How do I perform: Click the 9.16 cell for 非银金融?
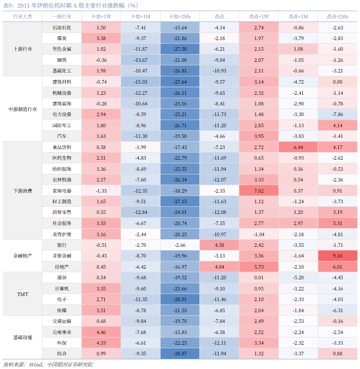coord(337,256)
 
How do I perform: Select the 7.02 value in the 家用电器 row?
coord(259,191)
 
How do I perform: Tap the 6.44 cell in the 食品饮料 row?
coord(298,147)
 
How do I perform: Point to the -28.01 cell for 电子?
coord(180,300)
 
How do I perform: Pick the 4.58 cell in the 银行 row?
coord(219,245)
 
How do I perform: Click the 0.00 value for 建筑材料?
coord(337,82)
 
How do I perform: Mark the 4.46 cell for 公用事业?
coord(101,333)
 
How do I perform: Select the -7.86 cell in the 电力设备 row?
coord(337,115)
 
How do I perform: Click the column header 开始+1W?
coord(101,16)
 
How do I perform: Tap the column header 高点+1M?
coord(298,16)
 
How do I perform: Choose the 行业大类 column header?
coord(23,16)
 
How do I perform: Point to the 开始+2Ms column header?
coord(180,16)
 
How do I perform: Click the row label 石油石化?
coord(62,27)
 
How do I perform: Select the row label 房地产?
coord(62,267)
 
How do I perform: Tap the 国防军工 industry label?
coord(62,125)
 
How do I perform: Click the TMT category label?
coord(23,294)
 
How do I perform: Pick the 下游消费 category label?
coord(23,191)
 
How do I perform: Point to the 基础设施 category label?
coord(23,338)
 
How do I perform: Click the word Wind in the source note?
coord(36,364)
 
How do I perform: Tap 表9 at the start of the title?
coord(9,6)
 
